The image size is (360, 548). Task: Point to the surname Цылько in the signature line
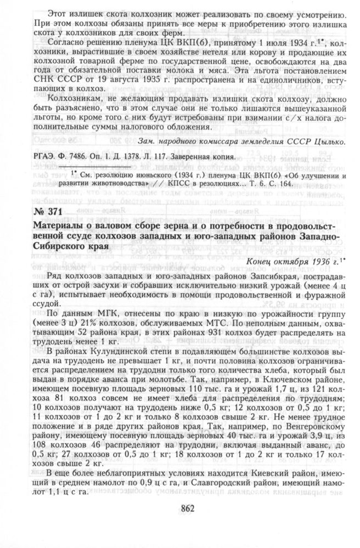[x=329, y=142]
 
